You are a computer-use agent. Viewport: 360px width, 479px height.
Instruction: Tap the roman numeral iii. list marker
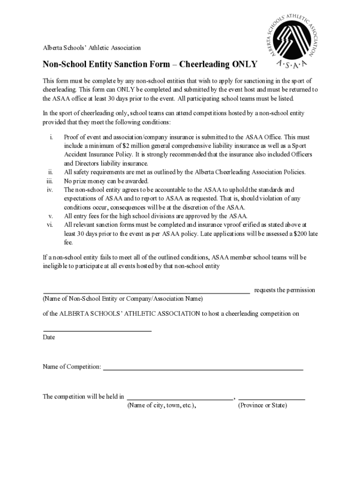tap(49, 181)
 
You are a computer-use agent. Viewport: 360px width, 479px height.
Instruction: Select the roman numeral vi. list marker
tap(49, 225)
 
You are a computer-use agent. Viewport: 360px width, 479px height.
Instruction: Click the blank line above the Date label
tap(97, 331)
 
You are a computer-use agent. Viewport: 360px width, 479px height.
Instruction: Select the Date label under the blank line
tap(49, 337)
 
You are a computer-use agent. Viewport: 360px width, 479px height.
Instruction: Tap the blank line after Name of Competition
tap(203, 370)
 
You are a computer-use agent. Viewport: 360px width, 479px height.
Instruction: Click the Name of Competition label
tap(72, 367)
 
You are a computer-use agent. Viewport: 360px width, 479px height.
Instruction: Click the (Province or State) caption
tap(262, 406)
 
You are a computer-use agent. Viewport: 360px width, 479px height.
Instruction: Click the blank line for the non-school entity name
tap(146, 292)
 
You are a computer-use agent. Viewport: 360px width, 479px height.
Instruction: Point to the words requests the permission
tap(284, 290)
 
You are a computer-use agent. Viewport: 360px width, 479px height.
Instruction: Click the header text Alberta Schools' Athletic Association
tap(92, 48)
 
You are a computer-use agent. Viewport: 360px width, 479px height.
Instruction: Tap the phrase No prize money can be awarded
tap(106, 181)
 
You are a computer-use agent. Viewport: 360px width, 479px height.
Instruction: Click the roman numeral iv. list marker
tap(50, 190)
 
